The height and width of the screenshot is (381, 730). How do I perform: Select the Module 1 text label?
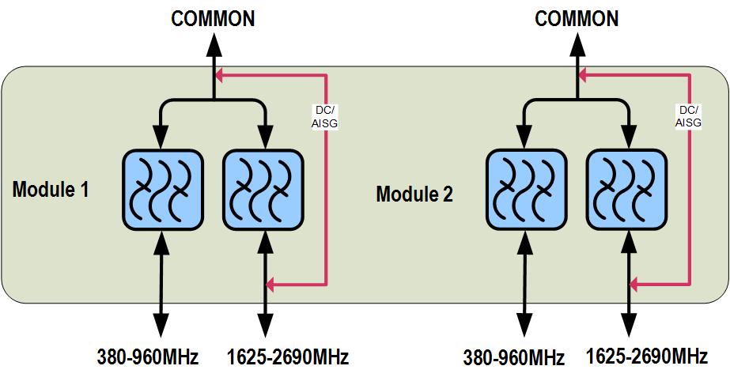(51, 190)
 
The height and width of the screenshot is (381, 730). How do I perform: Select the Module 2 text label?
(414, 194)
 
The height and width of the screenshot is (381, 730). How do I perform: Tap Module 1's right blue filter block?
(263, 189)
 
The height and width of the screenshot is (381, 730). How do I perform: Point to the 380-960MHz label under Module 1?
(148, 357)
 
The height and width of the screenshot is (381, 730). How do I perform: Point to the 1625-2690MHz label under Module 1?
(287, 357)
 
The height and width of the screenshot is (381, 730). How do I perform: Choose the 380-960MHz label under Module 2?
(514, 357)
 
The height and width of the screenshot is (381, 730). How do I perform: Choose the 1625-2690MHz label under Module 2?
(647, 356)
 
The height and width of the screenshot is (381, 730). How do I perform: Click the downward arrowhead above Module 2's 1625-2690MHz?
(630, 326)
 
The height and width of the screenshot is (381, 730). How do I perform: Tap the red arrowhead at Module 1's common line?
(221, 76)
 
